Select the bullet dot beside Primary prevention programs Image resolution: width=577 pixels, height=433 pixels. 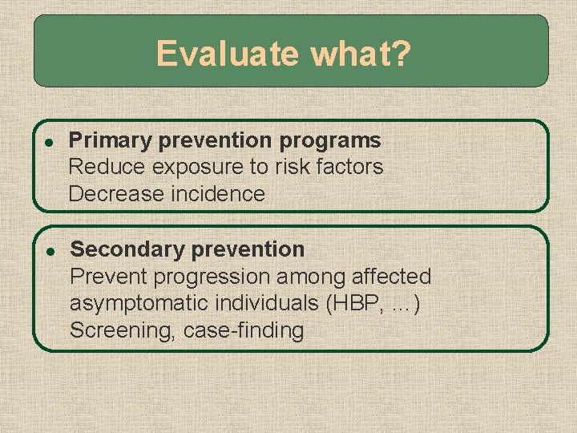coord(49,141)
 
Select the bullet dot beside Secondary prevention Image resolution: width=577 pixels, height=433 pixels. coord(49,250)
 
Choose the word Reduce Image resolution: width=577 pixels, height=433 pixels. coord(107,167)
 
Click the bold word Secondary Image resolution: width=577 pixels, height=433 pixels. coord(123,249)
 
